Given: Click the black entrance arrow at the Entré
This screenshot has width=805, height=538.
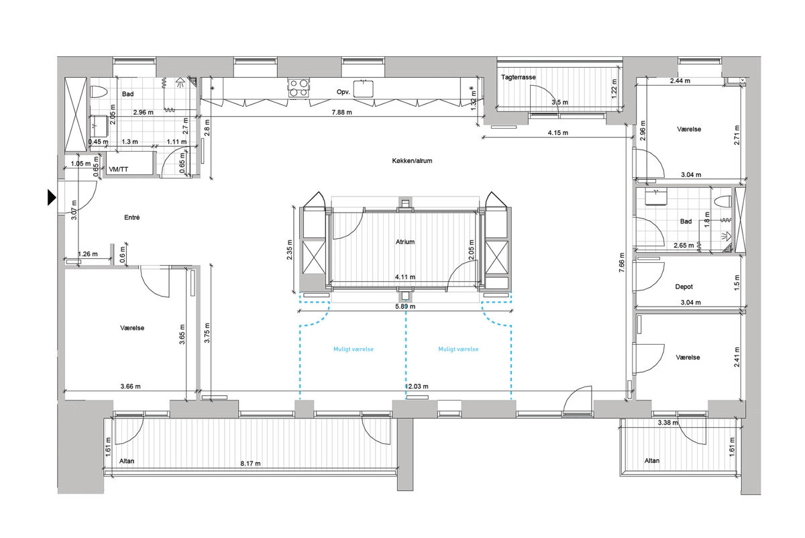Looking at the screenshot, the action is (52, 197).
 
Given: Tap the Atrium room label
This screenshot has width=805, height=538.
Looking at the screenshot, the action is (405, 242).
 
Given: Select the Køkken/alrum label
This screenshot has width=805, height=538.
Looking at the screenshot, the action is (412, 160).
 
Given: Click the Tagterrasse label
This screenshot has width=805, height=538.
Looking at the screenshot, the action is (518, 77).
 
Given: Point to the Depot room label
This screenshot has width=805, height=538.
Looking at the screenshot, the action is (684, 287).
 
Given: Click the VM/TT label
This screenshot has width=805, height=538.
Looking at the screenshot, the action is (118, 169).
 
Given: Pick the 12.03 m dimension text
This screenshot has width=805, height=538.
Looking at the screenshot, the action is (417, 386).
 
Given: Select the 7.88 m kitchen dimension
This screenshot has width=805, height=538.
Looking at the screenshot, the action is (341, 112).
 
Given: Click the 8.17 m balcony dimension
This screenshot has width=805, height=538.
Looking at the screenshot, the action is (250, 464).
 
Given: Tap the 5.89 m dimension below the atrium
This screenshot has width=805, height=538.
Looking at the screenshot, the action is (405, 307).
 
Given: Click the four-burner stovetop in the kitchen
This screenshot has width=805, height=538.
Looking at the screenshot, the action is (299, 88).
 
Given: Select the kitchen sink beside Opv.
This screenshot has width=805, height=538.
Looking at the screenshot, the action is (363, 89).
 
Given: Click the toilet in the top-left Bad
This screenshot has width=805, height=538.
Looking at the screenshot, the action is (99, 92).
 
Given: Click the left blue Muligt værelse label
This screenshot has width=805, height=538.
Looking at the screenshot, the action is (354, 349).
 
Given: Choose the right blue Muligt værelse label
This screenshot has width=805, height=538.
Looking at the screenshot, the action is (458, 349).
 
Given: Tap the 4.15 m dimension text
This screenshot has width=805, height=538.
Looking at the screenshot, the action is (557, 133).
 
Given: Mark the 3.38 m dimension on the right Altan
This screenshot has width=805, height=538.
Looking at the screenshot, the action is (667, 423).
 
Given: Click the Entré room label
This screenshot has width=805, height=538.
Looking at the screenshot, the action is (132, 217).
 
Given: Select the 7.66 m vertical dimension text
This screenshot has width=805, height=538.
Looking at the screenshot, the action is (622, 262).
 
